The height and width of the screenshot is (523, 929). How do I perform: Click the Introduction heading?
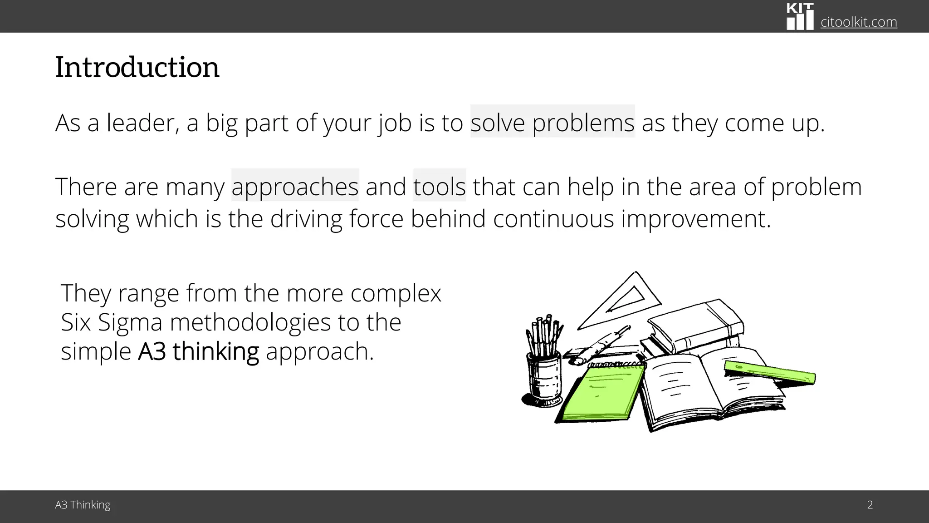137,67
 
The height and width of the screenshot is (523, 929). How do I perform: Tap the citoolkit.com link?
858,22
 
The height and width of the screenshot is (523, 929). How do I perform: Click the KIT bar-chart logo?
800,17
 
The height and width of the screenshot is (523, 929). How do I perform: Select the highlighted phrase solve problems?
552,123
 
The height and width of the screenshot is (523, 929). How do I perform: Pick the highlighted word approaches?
295,187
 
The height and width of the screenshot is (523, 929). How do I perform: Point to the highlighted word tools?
439,187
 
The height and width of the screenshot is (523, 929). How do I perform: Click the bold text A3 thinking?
198,351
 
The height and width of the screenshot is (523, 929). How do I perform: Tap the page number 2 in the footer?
870,505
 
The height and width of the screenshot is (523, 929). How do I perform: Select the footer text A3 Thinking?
83,505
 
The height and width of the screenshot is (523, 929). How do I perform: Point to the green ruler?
769,372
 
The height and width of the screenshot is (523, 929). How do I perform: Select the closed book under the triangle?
696,325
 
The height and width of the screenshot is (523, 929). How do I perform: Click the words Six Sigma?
112,322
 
